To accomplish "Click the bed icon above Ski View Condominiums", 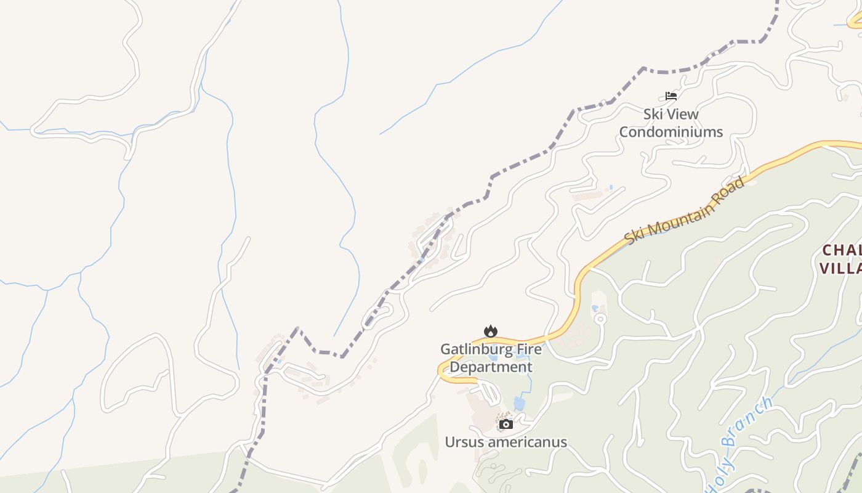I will [671, 96].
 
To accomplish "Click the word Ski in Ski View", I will [654, 114].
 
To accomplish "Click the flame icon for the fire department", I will [490, 332].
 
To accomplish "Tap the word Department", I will [491, 367].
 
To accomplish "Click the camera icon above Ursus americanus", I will [506, 424].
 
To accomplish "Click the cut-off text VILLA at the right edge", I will [840, 268].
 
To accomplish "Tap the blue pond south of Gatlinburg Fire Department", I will [519, 404].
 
